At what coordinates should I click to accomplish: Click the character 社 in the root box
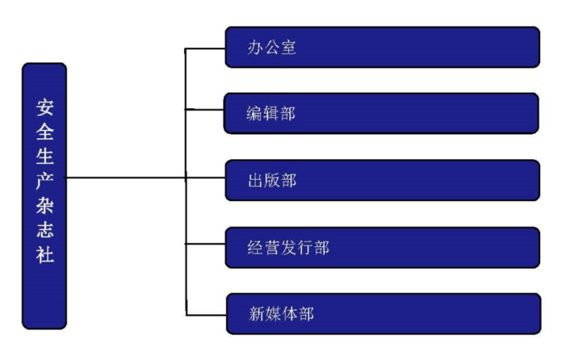click(45, 255)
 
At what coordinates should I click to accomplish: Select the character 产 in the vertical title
click(45, 181)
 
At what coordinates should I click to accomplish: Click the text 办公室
click(272, 48)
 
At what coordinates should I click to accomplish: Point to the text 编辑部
click(272, 114)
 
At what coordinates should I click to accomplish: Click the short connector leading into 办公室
click(205, 48)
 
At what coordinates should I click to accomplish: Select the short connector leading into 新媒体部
click(206, 313)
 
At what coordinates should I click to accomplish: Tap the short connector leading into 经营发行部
click(205, 243)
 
